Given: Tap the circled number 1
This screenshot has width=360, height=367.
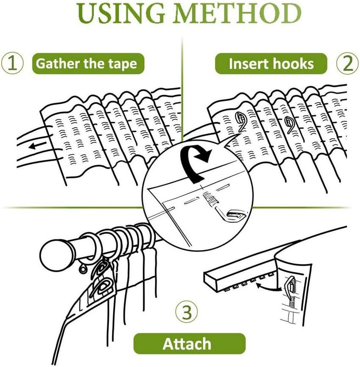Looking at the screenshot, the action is point(12,63).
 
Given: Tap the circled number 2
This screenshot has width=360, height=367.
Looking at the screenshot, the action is point(348,63).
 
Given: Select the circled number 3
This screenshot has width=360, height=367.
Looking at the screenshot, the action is point(187,312).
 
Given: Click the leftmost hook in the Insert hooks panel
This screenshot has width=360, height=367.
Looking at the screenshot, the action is point(241,121).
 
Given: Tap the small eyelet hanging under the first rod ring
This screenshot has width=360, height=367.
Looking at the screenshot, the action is point(82,269).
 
